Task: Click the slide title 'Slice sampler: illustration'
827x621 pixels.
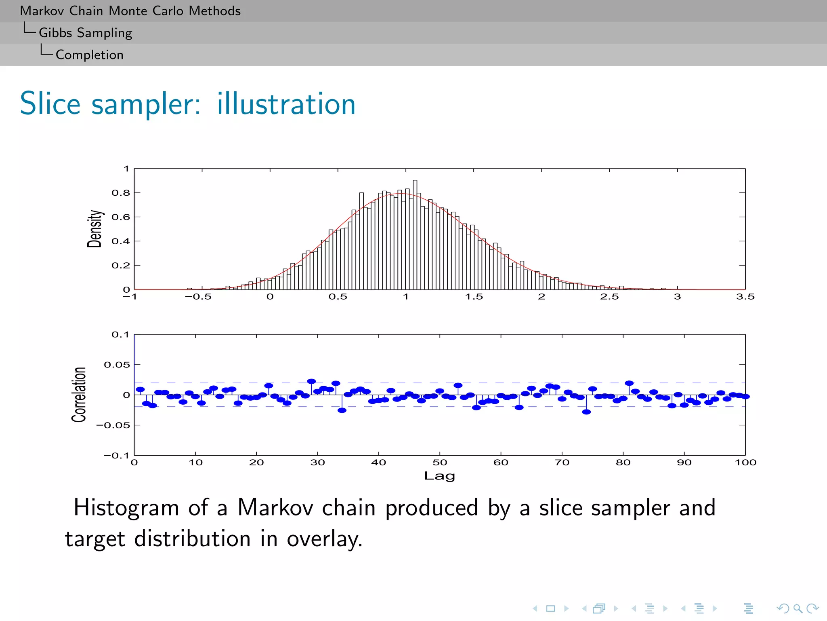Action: coord(188,104)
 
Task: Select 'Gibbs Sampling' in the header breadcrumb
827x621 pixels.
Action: coord(85,33)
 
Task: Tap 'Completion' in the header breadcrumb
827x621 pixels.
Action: coord(89,55)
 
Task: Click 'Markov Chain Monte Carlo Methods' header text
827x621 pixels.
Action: coord(130,11)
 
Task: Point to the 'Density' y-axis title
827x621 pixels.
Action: coord(94,228)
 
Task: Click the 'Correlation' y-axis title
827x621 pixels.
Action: coord(79,395)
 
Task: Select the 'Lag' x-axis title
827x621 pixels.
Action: coord(439,476)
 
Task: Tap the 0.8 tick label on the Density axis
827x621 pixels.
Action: coord(121,193)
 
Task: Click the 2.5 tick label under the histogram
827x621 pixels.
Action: coord(609,297)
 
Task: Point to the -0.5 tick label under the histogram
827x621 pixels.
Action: coord(198,297)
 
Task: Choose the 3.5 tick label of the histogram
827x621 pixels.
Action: coord(745,297)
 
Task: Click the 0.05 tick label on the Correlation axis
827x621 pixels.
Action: coord(117,365)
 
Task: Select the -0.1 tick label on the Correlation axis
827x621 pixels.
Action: coord(117,456)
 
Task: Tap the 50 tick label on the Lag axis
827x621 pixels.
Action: coord(440,463)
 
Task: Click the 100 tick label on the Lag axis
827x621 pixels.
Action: coord(745,463)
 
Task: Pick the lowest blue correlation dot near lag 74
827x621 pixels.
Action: coord(586,412)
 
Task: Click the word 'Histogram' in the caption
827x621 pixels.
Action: coord(126,508)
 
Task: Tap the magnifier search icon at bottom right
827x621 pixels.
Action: coord(798,608)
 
